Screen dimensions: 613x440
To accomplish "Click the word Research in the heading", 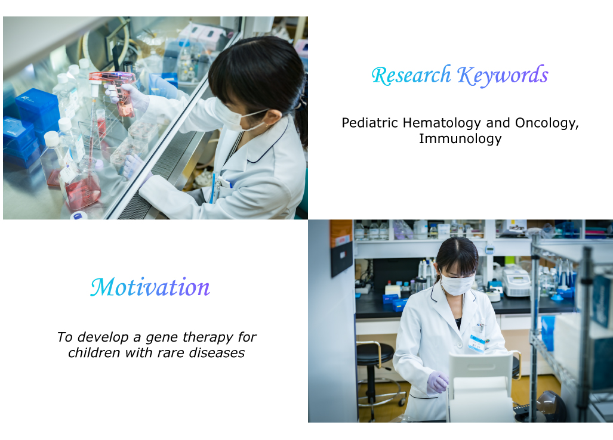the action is click(x=411, y=75).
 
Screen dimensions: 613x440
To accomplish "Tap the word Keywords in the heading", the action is click(x=503, y=76).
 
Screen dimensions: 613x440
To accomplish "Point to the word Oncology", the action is click(x=547, y=123).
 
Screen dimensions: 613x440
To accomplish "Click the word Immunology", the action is click(x=460, y=139).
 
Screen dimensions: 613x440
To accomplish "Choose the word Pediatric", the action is click(x=370, y=123).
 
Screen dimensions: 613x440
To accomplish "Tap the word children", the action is click(x=94, y=352).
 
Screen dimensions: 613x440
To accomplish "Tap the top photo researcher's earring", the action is click(x=267, y=125).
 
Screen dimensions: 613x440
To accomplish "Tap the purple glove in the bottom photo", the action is click(x=438, y=382).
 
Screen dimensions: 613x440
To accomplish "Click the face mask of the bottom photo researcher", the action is click(x=457, y=284).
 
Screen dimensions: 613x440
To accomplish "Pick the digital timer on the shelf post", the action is click(x=489, y=249).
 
